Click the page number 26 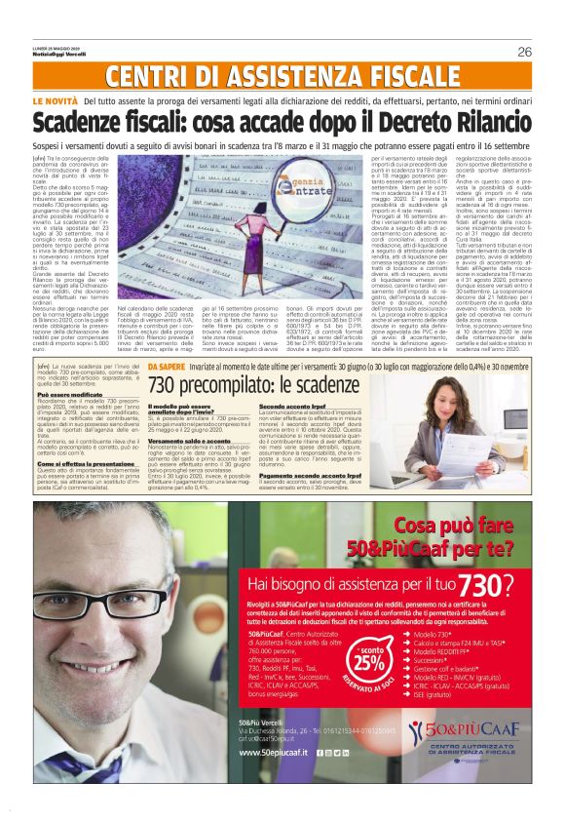(523, 52)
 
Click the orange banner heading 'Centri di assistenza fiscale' (282, 78)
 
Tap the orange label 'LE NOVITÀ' (56, 101)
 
